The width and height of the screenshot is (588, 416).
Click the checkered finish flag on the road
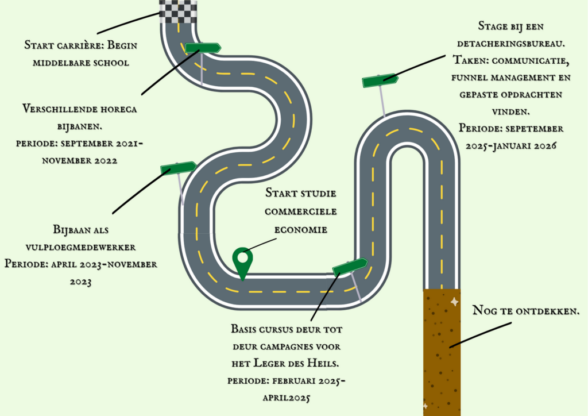pyautogui.click(x=177, y=11)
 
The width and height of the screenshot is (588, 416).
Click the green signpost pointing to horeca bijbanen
pyautogui.click(x=202, y=48)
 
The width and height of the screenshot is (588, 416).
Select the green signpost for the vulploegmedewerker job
pyautogui.click(x=178, y=168)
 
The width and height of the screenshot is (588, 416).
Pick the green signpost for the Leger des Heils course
pyautogui.click(x=350, y=267)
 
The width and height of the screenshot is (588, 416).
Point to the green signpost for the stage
pyautogui.click(x=380, y=80)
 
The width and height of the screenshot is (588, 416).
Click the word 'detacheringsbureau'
pyautogui.click(x=511, y=43)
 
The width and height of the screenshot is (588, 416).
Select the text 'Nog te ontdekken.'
pyautogui.click(x=525, y=311)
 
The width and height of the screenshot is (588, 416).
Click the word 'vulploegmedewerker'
pyautogui.click(x=80, y=247)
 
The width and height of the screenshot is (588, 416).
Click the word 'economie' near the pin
pyautogui.click(x=301, y=229)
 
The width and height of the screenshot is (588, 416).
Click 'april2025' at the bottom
pyautogui.click(x=286, y=397)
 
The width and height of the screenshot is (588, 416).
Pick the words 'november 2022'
pyautogui.click(x=80, y=160)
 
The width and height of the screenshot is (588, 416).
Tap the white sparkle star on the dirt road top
pyautogui.click(x=454, y=301)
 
